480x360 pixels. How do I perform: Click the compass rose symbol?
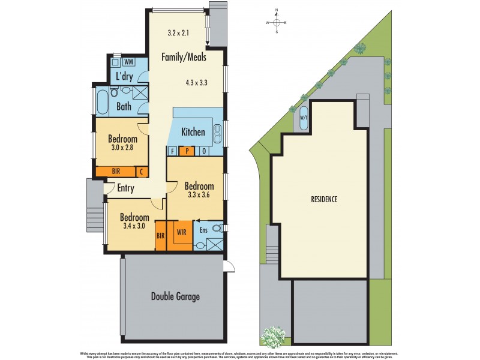coord(277,22)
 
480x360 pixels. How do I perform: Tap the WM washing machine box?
coord(128,62)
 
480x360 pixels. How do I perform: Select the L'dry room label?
coord(124,76)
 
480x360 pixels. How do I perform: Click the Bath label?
coord(124,107)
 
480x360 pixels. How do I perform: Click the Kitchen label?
coord(193,132)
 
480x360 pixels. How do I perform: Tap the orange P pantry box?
coord(188,151)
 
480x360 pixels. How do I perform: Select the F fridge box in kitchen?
coord(173,151)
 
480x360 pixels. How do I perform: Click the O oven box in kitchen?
coord(204,151)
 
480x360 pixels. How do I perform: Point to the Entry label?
coord(125,188)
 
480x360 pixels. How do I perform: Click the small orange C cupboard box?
coord(142,172)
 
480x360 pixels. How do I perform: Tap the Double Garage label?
coord(175,296)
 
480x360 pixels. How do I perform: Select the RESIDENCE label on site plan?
coord(324,199)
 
